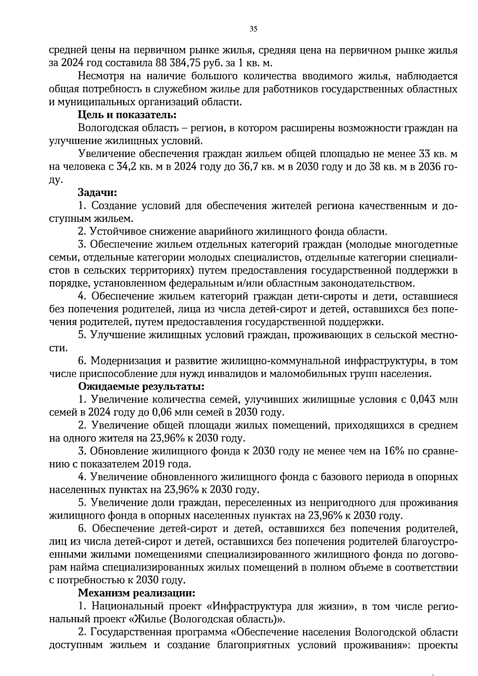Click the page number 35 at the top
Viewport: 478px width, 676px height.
pos(253,29)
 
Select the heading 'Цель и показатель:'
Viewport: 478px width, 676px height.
pos(127,115)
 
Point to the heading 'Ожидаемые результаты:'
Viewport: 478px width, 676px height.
pos(141,386)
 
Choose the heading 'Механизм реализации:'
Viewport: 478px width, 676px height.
pos(137,593)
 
